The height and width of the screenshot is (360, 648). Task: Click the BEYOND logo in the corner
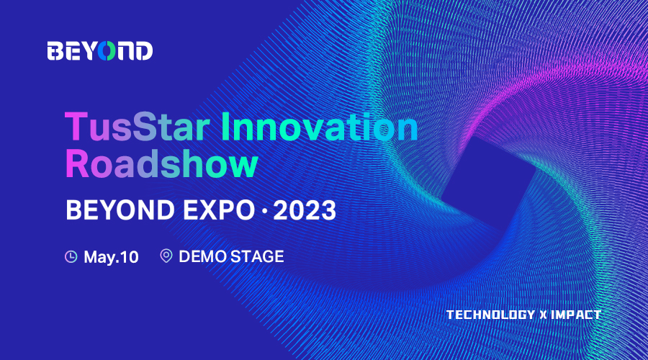99,51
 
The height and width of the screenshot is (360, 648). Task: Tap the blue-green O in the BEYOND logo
107,51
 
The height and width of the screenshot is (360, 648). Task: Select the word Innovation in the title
320,127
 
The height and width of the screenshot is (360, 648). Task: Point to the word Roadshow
161,164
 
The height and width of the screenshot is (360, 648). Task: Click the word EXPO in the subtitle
219,210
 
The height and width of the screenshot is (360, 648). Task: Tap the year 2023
305,210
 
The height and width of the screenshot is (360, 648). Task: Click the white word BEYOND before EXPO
120,210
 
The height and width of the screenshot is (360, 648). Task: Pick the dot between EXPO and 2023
264,211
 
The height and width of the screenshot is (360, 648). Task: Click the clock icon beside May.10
71,256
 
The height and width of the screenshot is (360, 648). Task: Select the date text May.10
111,257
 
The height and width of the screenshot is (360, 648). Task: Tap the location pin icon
166,256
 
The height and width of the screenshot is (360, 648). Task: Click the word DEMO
202,256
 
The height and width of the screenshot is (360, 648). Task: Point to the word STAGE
257,256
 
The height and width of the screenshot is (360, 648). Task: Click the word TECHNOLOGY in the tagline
490,315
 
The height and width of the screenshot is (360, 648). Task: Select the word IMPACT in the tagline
576,315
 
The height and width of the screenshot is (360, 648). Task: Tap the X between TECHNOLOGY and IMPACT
544,315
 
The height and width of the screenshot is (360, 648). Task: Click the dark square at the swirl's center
488,181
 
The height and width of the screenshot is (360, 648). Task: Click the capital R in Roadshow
77,164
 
